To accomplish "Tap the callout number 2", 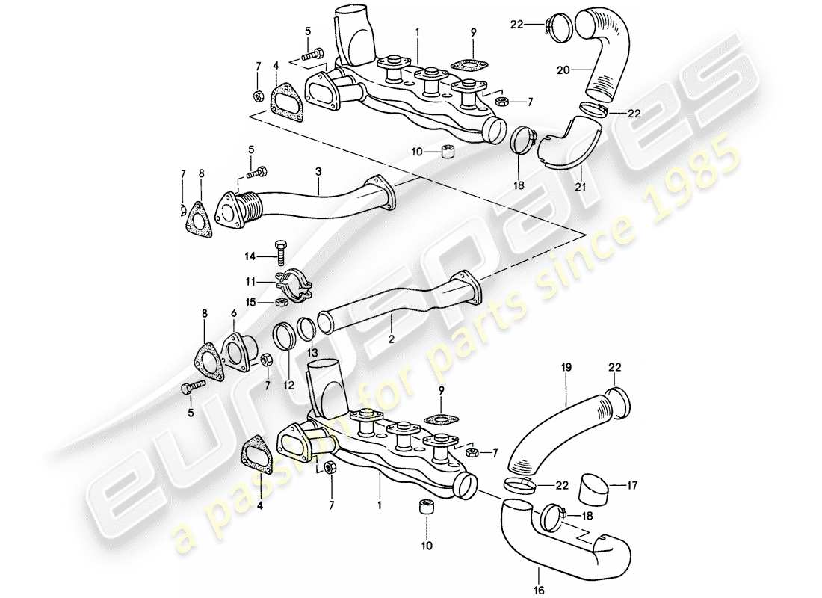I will click(390, 339).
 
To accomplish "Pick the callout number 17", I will click(631, 484).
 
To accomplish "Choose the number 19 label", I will click(566, 368).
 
